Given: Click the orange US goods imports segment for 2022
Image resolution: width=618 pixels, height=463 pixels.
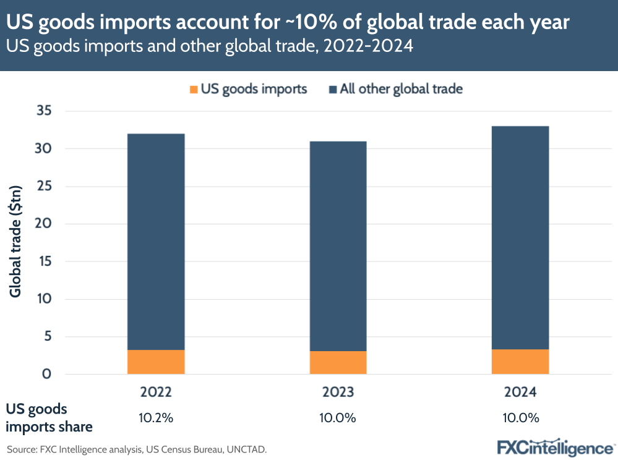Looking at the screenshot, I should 156,362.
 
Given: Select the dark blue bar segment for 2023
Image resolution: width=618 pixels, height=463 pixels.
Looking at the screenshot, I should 338,246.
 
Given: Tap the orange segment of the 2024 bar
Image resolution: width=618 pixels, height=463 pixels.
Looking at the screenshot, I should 520,362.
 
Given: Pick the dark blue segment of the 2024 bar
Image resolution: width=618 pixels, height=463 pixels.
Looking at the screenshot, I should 520,238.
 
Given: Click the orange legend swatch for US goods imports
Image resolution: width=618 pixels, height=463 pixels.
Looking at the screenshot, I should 194,89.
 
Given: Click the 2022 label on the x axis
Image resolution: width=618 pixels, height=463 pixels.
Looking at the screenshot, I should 156,393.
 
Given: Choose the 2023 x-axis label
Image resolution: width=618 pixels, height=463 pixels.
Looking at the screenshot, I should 338,393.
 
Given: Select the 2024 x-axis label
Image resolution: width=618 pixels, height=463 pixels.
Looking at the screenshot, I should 520,393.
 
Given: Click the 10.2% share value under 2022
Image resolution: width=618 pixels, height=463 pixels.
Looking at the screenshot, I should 156,418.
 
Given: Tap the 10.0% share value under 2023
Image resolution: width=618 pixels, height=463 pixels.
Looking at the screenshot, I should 338,418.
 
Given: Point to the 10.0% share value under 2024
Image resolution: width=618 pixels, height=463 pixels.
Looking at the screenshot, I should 520,418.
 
